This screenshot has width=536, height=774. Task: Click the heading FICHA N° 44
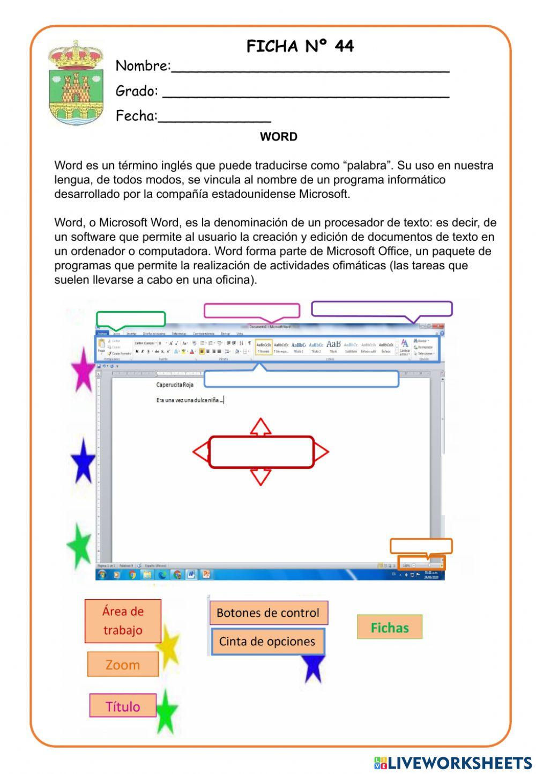[300, 47]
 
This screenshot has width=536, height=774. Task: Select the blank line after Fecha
[214, 117]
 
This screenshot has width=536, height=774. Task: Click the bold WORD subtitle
[278, 137]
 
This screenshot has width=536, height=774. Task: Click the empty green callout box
[131, 319]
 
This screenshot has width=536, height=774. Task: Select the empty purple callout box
[382, 308]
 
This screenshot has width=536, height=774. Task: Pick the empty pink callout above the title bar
[251, 310]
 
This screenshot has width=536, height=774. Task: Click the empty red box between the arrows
[261, 452]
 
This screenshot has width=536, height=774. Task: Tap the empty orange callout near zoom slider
[421, 546]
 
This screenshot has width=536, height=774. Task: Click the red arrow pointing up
[260, 427]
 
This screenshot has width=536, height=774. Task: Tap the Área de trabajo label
[123, 621]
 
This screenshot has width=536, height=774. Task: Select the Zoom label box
[123, 665]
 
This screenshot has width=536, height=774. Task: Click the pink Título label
[123, 706]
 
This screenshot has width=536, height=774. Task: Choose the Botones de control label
[268, 613]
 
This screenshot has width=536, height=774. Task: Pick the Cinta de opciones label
[267, 642]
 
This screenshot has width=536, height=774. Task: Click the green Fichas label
[390, 627]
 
